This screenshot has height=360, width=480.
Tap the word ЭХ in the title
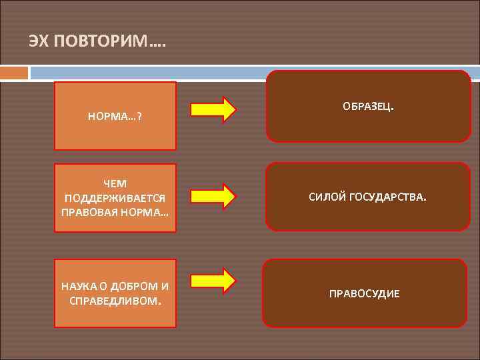(39, 41)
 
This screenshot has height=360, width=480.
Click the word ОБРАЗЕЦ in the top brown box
(367, 106)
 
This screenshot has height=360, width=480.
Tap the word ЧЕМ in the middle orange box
(115, 183)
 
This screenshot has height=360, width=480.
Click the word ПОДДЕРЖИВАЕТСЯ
(115, 198)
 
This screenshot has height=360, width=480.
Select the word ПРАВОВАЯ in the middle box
(90, 212)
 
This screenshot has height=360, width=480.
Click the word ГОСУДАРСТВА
(389, 197)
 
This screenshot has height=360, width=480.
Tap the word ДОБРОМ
(137, 286)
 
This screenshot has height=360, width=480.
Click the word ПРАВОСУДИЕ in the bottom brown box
(364, 293)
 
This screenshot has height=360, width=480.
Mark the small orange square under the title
(14, 72)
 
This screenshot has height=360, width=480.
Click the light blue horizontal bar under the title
(253, 72)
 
